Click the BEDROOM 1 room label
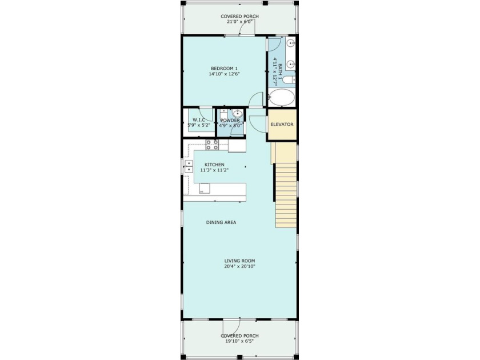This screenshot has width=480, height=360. pyautogui.click(x=223, y=68)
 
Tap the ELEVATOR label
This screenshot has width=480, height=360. pyautogui.click(x=282, y=124)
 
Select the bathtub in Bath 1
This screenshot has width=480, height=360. pyautogui.click(x=281, y=98)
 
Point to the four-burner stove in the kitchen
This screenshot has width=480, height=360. pyautogui.click(x=212, y=145)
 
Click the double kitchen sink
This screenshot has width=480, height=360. pyautogui.click(x=188, y=166)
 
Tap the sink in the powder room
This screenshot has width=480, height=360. pyautogui.click(x=237, y=113)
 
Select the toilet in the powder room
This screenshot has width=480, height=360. pyautogui.click(x=224, y=114)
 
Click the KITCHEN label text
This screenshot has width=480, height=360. pyautogui.click(x=215, y=165)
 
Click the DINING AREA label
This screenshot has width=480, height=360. pyautogui.click(x=221, y=222)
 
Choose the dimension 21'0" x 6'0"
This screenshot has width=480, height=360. pyautogui.click(x=239, y=22)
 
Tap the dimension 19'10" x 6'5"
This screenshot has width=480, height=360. pyautogui.click(x=239, y=341)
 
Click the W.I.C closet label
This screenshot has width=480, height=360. pyautogui.click(x=198, y=120)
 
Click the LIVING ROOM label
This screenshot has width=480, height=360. pyautogui.click(x=239, y=261)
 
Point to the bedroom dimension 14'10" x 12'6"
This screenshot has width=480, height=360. pyautogui.click(x=223, y=74)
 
